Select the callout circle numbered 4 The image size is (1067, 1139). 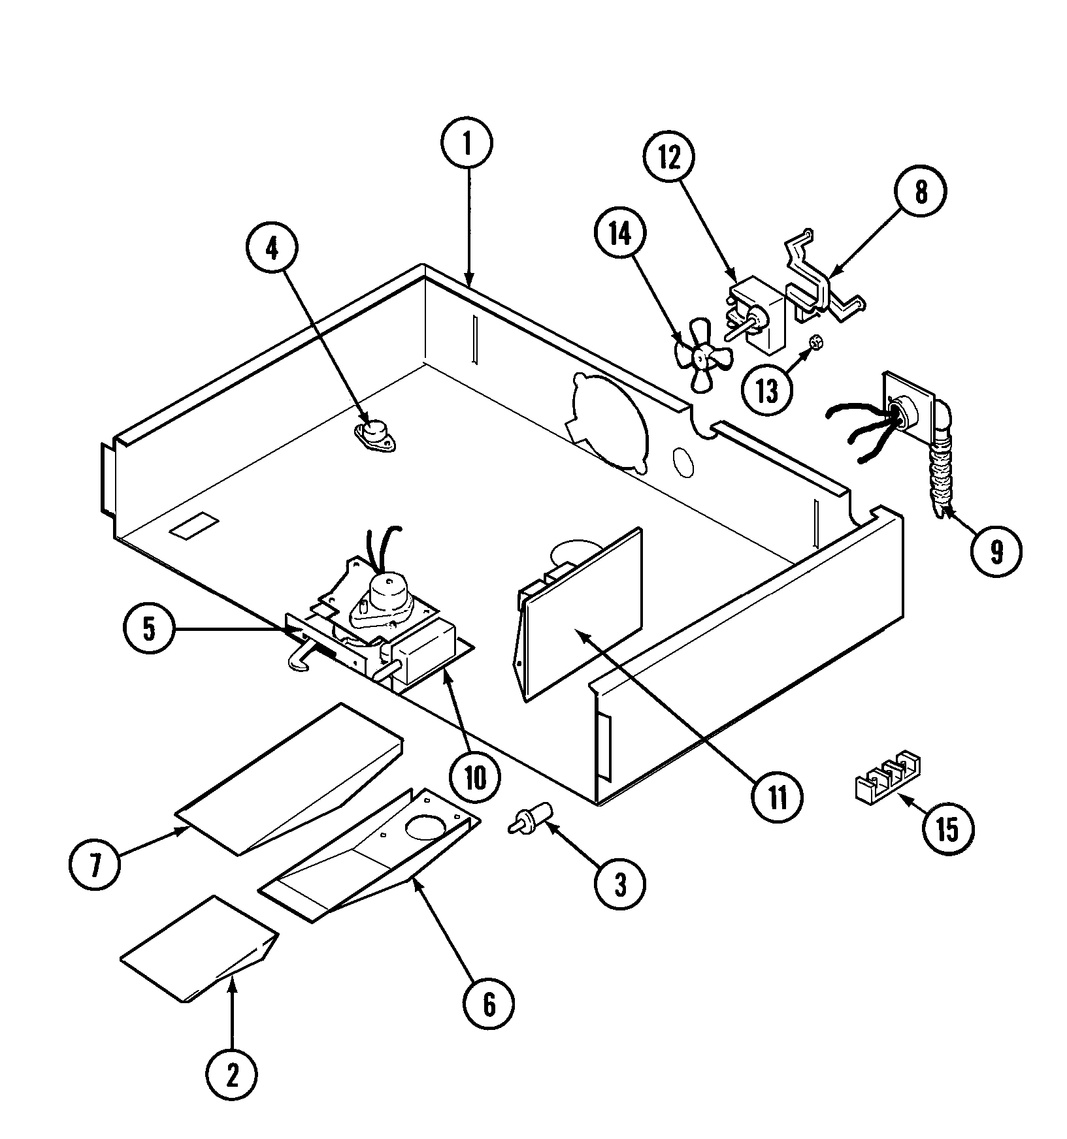click(272, 249)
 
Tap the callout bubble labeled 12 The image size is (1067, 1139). click(669, 159)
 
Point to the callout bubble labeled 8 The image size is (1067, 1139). click(921, 192)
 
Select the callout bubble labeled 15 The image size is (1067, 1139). click(947, 829)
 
